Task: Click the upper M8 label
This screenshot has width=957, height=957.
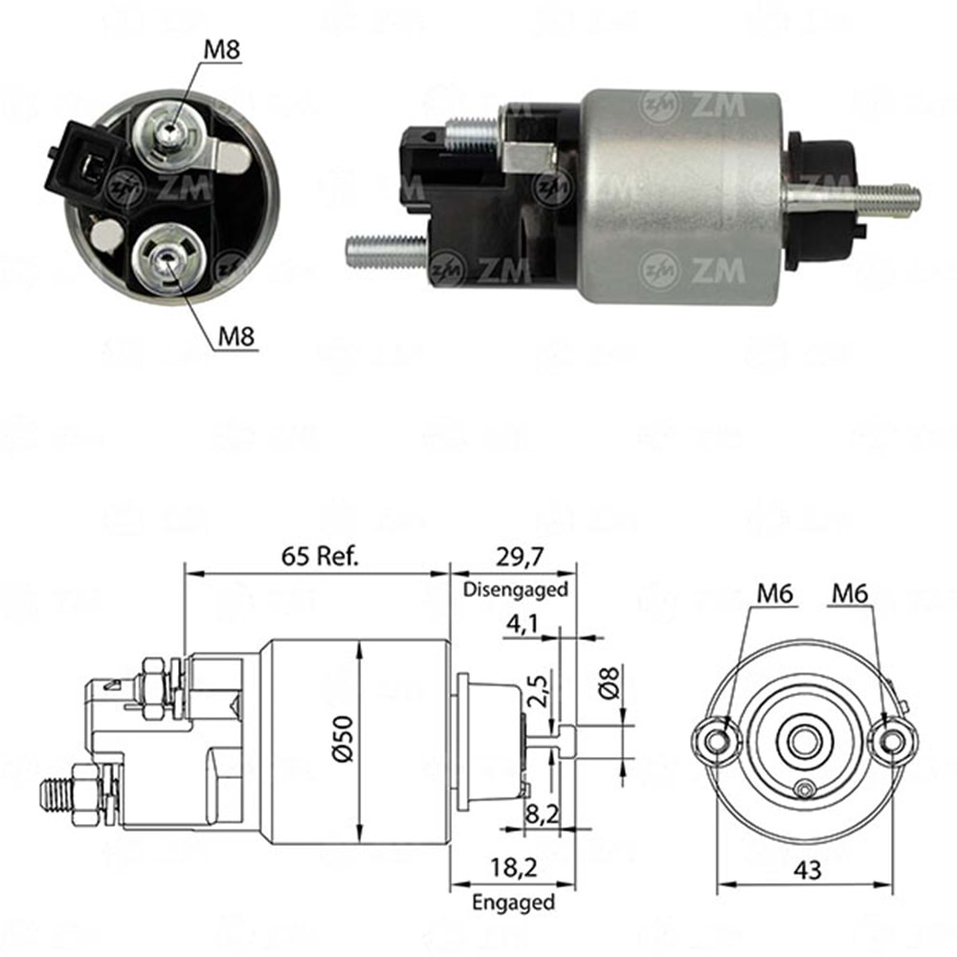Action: point(222,49)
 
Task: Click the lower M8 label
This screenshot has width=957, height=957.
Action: point(236,336)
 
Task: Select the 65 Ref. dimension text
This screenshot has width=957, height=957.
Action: point(321,556)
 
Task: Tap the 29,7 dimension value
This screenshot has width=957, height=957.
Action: point(520,557)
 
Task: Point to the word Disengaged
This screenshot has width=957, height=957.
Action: point(516,590)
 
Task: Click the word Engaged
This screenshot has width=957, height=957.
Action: point(513,902)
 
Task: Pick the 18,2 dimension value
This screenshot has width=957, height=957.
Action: point(513,868)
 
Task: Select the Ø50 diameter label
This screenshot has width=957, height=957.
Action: point(343,739)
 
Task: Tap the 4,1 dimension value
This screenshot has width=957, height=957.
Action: point(523,624)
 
